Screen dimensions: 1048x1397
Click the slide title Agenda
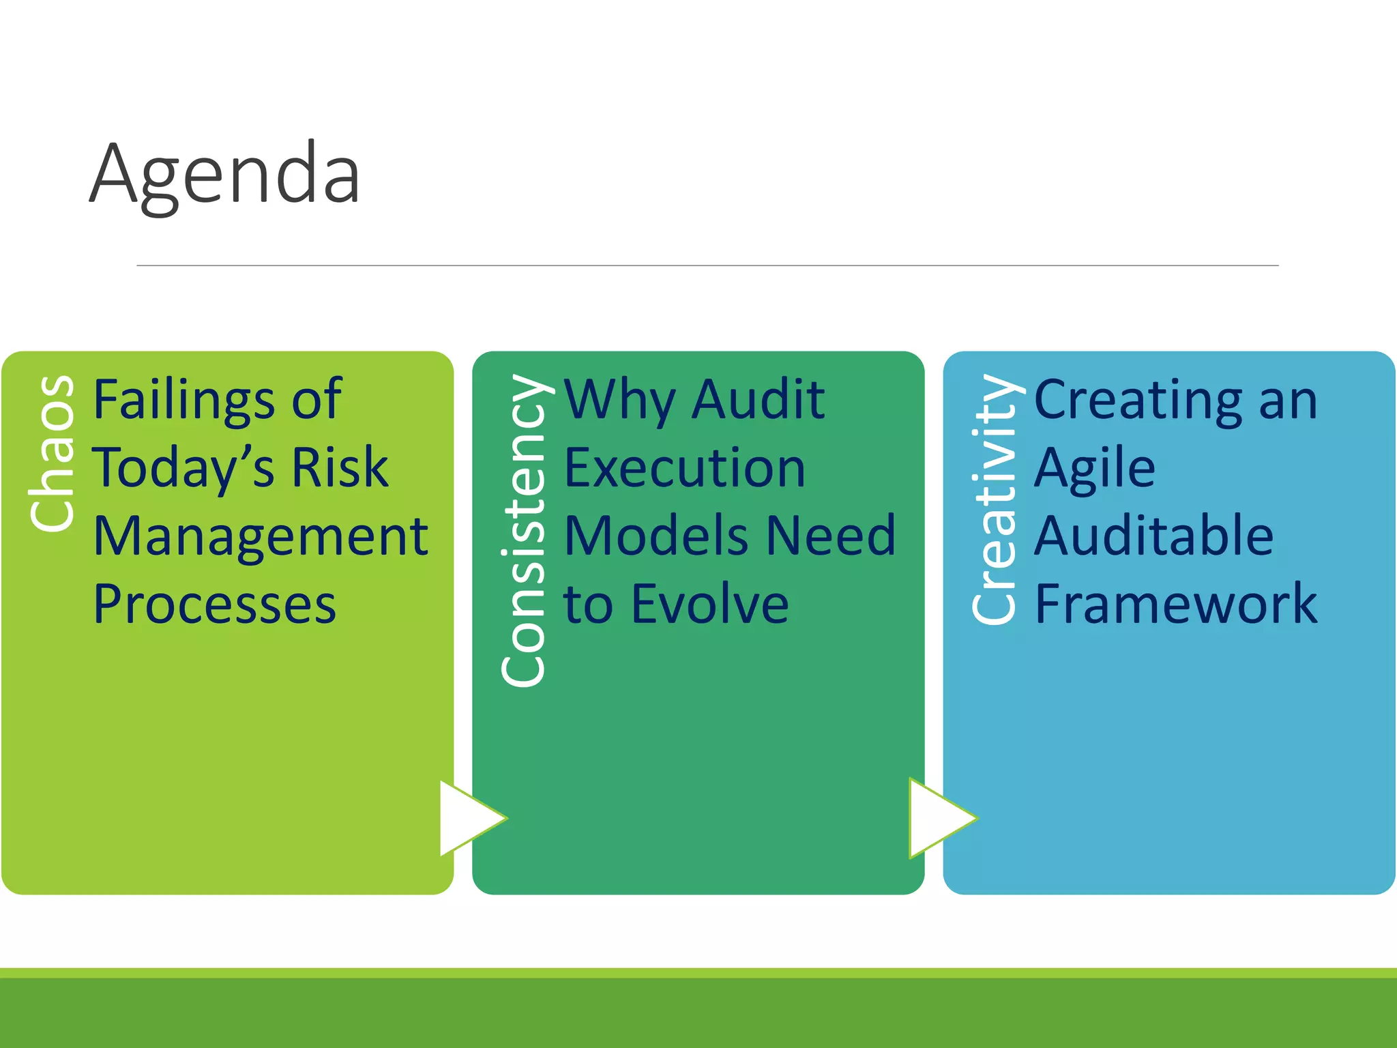tap(224, 174)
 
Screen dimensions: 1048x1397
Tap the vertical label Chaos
tap(53, 453)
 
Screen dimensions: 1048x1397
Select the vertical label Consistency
tap(523, 530)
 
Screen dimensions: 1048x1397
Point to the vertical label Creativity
tap(994, 499)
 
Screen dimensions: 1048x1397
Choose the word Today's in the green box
tap(183, 468)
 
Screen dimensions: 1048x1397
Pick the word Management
tap(261, 536)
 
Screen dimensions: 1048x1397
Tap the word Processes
tap(215, 605)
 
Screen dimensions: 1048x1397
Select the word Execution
tap(685, 468)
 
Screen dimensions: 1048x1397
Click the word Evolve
tap(710, 605)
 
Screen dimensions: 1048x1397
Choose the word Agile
tap(1095, 469)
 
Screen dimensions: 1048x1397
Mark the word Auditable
tap(1153, 536)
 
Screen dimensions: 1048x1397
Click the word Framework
tap(1176, 605)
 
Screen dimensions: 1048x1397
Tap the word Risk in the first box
tap(340, 468)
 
